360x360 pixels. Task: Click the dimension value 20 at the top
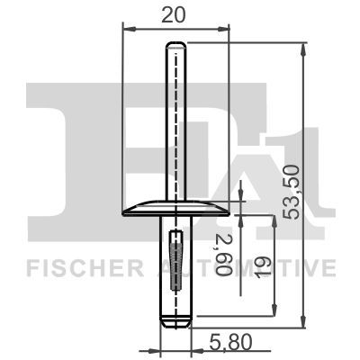pos(175,14)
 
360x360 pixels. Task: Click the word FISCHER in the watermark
pos(82,268)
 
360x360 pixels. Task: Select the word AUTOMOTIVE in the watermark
pos(269,268)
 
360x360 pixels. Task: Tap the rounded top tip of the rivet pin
pos(175,46)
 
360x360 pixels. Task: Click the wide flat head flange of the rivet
pos(175,209)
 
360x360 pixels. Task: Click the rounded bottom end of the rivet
pos(175,318)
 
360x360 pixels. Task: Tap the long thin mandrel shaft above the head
pos(175,126)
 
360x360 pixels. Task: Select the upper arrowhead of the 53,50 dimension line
pos(305,48)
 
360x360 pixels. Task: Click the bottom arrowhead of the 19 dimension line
pos(277,314)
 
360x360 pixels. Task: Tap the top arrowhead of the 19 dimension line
pos(277,218)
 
